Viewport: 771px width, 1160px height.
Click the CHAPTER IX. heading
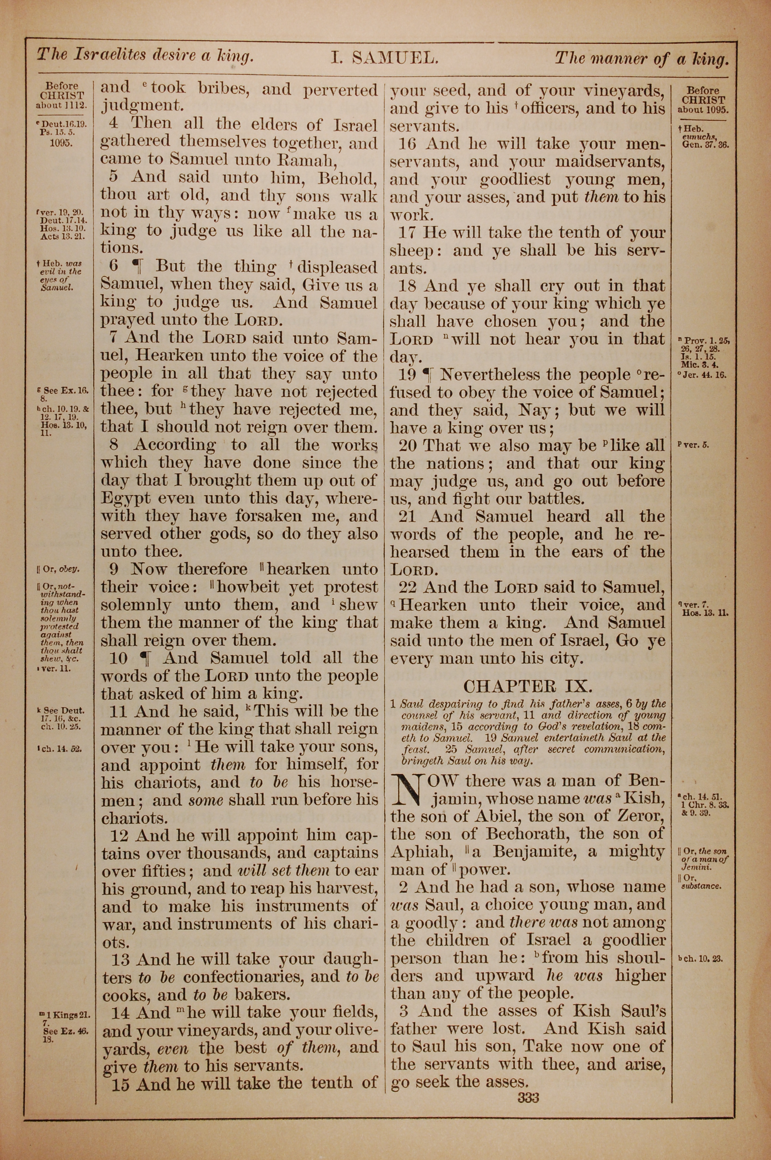[528, 686]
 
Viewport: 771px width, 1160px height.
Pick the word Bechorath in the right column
[524, 834]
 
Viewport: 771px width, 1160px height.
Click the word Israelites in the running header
[109, 54]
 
